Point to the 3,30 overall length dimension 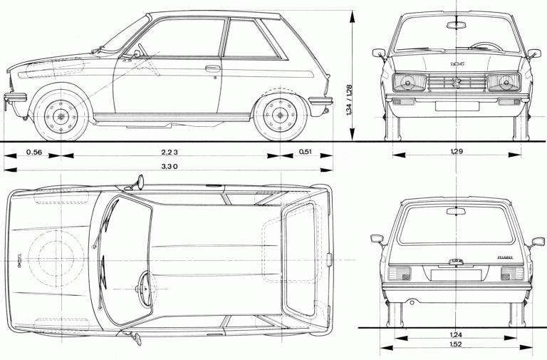coord(168,165)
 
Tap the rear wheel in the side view coord(279,116)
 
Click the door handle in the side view coord(212,68)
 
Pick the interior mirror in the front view coord(454,25)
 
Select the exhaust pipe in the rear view coord(412,302)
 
